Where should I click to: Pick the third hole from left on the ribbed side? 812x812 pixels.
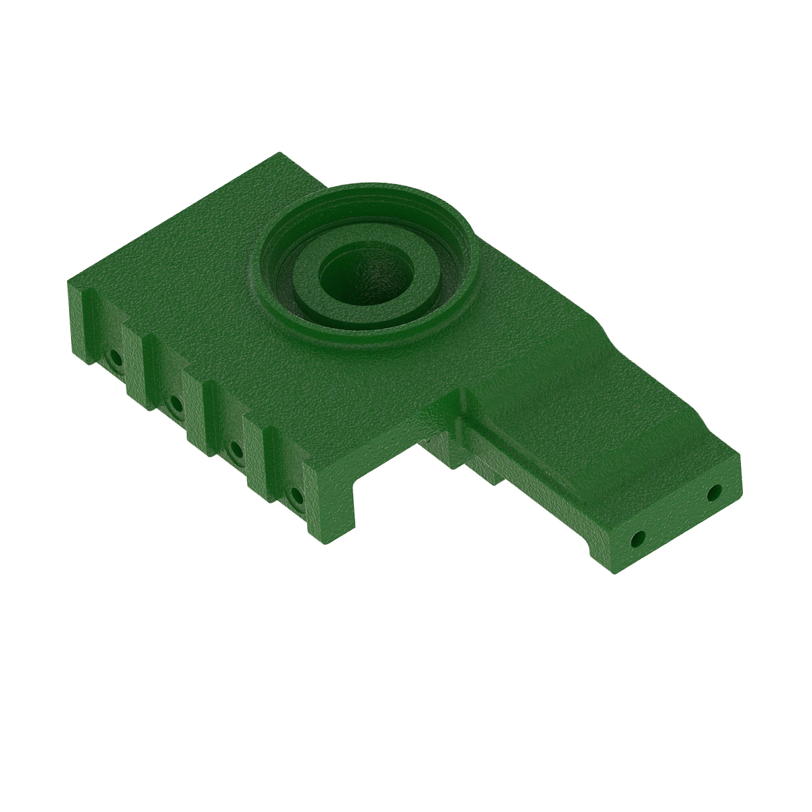click(x=235, y=448)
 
